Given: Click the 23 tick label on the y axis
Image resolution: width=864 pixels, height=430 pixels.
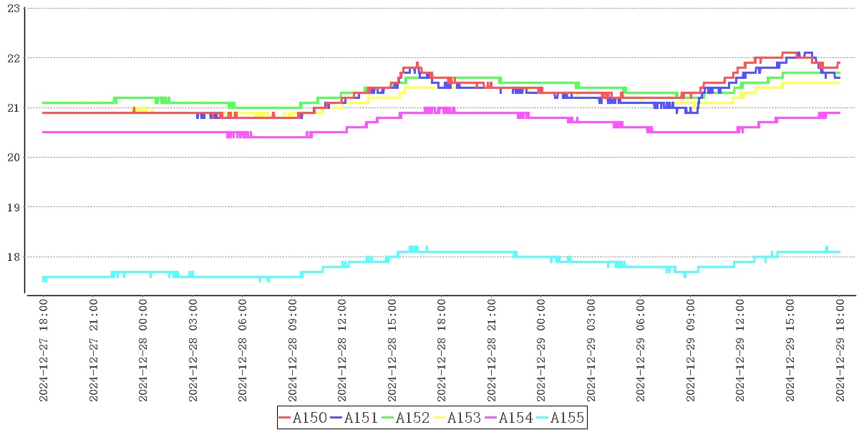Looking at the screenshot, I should click(x=12, y=8).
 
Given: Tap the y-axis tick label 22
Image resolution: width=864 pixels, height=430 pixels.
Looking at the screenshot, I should click(x=12, y=58).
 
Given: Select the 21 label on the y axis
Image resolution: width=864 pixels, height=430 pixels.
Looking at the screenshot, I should click(x=12, y=107).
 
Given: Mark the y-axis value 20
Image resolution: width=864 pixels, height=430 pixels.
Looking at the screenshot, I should click(x=12, y=158).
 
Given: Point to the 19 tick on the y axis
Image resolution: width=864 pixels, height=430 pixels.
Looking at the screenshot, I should click(x=12, y=207).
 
